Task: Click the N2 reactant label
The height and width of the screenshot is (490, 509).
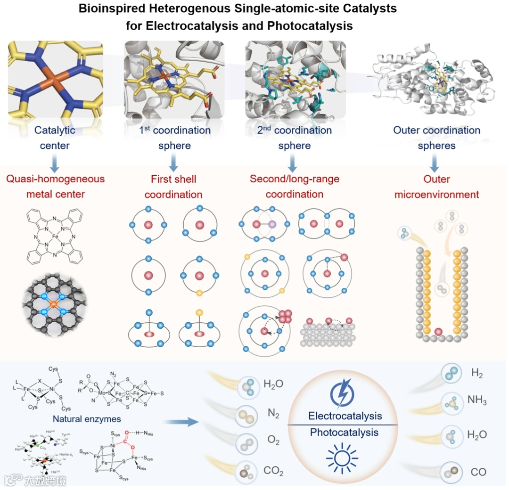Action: click(273, 414)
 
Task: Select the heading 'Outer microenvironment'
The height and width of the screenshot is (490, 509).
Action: click(436, 187)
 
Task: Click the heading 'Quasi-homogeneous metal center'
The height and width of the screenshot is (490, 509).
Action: click(55, 187)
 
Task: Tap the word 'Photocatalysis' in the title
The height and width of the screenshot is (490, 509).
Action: click(310, 25)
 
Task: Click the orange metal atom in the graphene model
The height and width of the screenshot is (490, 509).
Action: click(54, 305)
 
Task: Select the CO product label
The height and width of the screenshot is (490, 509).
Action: click(478, 472)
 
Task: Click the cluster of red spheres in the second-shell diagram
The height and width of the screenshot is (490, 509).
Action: click(286, 317)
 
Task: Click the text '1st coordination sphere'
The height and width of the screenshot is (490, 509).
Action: click(174, 138)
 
